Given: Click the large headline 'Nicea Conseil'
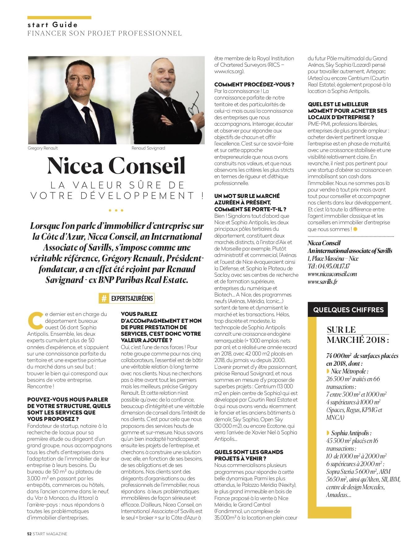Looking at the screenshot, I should click(x=116, y=166).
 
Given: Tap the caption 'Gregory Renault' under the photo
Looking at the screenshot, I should click(x=43, y=148).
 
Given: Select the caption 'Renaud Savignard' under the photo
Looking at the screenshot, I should click(x=148, y=148).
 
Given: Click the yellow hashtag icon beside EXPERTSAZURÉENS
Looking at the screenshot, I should click(x=104, y=298).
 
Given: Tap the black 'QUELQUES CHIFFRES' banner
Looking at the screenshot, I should click(x=348, y=310).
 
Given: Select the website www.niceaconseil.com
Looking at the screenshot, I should click(x=332, y=274).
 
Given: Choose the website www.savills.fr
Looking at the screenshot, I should click(x=322, y=282).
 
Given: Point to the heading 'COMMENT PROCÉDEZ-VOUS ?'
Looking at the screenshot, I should click(x=254, y=85).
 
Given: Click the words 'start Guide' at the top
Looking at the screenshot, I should click(x=53, y=25).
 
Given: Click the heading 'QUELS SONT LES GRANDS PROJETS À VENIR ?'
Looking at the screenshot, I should click(x=249, y=455).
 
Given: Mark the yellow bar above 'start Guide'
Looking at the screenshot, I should click(x=59, y=18).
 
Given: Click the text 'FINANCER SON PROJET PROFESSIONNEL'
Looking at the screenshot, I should click(x=105, y=33).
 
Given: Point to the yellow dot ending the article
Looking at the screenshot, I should click(x=355, y=229).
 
